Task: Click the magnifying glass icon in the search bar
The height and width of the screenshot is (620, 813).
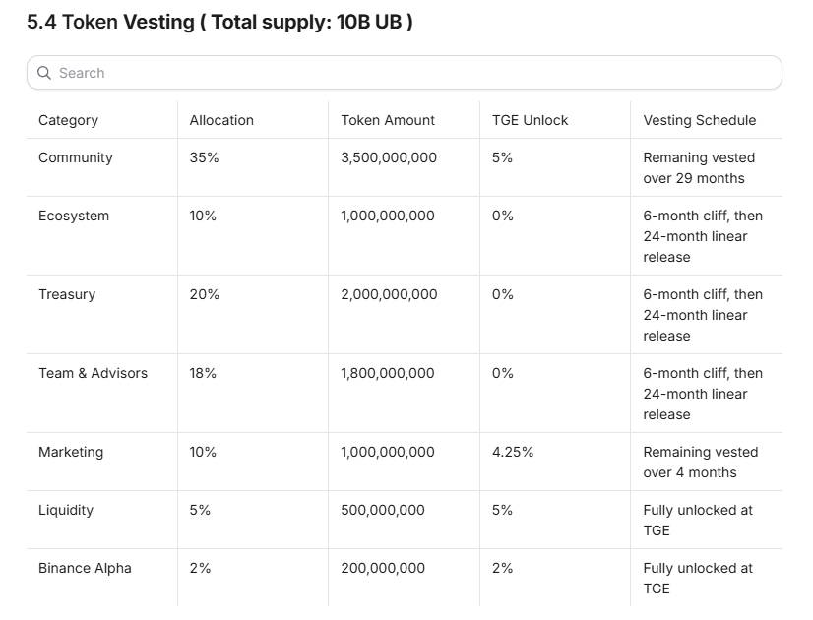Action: (x=44, y=73)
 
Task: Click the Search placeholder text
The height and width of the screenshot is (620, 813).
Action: (x=82, y=73)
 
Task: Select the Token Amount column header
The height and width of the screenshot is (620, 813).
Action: (x=388, y=120)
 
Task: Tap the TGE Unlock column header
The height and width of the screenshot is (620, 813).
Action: (x=530, y=120)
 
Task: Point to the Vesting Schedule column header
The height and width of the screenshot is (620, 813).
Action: (x=700, y=120)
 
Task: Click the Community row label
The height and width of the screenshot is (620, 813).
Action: (x=76, y=157)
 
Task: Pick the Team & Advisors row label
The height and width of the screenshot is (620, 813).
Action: (x=93, y=373)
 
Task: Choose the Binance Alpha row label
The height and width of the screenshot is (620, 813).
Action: (x=85, y=568)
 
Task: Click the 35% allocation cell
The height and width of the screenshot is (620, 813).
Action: (x=205, y=157)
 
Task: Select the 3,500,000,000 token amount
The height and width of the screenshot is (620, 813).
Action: (x=389, y=157)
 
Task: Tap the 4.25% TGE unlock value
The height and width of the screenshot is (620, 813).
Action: (x=513, y=452)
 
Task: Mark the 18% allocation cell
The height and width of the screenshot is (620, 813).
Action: (x=203, y=373)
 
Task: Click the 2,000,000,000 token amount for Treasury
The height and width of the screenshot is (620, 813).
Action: (x=389, y=294)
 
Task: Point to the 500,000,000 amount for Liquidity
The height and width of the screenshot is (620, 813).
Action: (x=383, y=510)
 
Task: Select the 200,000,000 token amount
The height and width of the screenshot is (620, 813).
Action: (x=383, y=568)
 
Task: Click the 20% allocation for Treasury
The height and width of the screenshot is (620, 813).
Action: (x=205, y=294)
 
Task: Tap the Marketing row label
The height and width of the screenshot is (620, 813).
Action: (x=71, y=452)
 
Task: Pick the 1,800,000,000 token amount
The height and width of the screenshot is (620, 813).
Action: (x=388, y=373)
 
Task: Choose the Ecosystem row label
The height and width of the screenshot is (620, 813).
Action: (x=74, y=216)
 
